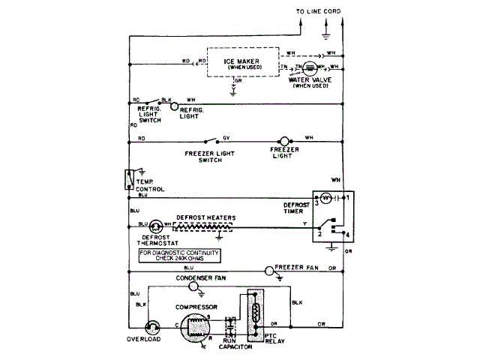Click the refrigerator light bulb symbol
pos(175,106)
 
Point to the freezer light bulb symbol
pos(283,140)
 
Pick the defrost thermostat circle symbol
pos(156,226)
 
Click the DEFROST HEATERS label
pos(205,217)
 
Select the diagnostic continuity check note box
pos(180,256)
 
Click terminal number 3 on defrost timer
pos(317,202)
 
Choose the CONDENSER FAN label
pos(200,278)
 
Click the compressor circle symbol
pos(196,327)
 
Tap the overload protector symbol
pos(153,325)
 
